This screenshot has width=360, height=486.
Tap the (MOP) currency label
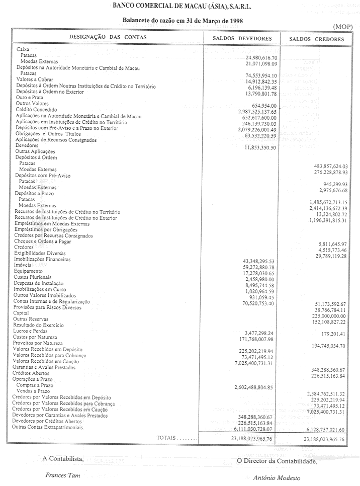(342, 26)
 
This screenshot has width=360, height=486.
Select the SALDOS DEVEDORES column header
(242, 39)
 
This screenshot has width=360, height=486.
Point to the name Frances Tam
(62, 475)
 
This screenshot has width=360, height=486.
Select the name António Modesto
(277, 478)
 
